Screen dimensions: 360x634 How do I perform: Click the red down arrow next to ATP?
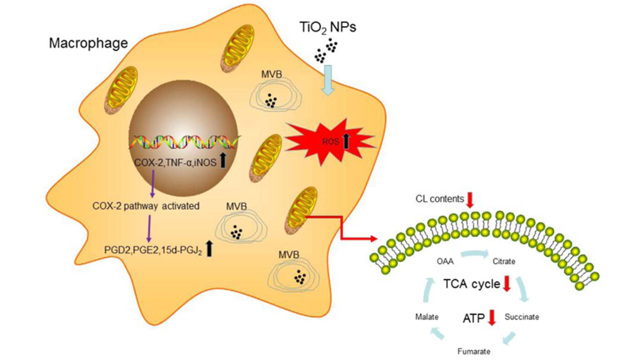point(491,317)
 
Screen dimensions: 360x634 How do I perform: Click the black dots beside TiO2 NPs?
point(322,56)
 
